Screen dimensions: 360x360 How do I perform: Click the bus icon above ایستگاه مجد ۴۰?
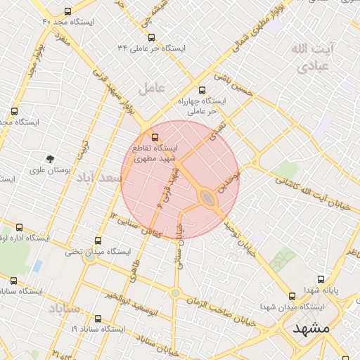tap(67, 11)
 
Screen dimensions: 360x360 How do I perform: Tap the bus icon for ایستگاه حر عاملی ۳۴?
tap(151, 37)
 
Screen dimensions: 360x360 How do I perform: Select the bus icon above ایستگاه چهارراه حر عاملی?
tap(202, 90)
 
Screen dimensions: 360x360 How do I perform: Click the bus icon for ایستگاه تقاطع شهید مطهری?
tap(155, 138)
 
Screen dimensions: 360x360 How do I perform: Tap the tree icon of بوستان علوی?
tap(50, 159)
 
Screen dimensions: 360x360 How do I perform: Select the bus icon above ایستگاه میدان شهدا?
tap(292, 296)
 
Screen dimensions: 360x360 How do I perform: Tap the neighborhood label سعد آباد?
tap(101, 179)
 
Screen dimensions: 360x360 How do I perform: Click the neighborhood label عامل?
tap(151, 88)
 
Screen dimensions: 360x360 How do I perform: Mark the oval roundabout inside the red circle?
tap(208, 198)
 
